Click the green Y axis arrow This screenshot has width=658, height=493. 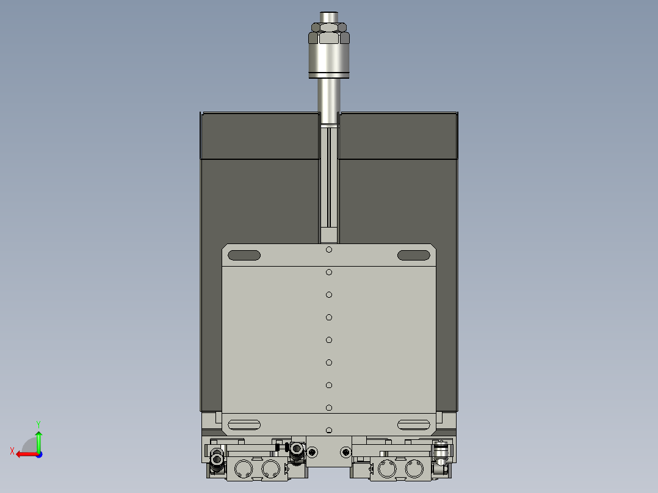[38, 438]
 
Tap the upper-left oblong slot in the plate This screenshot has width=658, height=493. [244, 255]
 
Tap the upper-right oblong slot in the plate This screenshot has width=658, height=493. [413, 255]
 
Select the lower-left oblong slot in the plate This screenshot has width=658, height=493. [244, 424]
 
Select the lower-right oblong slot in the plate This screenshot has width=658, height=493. [413, 424]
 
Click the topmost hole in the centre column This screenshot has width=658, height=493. [329, 250]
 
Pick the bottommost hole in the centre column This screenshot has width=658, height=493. [329, 430]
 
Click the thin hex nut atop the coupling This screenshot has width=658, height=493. [329, 27]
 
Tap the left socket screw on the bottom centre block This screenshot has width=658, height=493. [313, 452]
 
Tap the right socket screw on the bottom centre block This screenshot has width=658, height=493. [346, 452]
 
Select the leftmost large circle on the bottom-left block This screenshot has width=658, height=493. [244, 469]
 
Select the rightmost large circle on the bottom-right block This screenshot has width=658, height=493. [414, 469]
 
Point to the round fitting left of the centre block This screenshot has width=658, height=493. [297, 450]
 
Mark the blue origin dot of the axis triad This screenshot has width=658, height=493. [38, 454]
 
